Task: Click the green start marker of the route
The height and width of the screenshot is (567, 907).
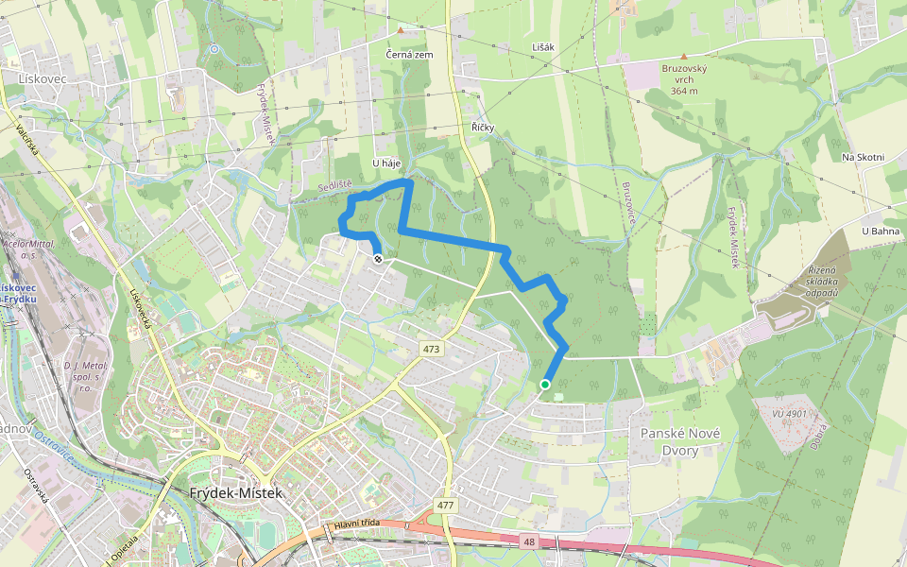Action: (545, 385)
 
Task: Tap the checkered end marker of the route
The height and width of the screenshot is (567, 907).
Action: (378, 257)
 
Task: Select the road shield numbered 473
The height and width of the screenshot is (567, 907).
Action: (432, 350)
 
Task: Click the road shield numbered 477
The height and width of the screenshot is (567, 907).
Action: (446, 506)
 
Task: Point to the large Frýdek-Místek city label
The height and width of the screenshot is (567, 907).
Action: (235, 493)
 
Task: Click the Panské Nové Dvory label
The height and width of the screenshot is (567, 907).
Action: (679, 442)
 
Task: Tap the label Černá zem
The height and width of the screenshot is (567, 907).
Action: (410, 55)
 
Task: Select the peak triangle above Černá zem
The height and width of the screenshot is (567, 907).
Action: (401, 30)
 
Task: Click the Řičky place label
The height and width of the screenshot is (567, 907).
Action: (483, 127)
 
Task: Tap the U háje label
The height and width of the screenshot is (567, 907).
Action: (387, 163)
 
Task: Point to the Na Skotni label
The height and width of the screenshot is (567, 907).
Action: (862, 157)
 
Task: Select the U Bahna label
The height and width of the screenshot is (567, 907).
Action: (881, 231)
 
